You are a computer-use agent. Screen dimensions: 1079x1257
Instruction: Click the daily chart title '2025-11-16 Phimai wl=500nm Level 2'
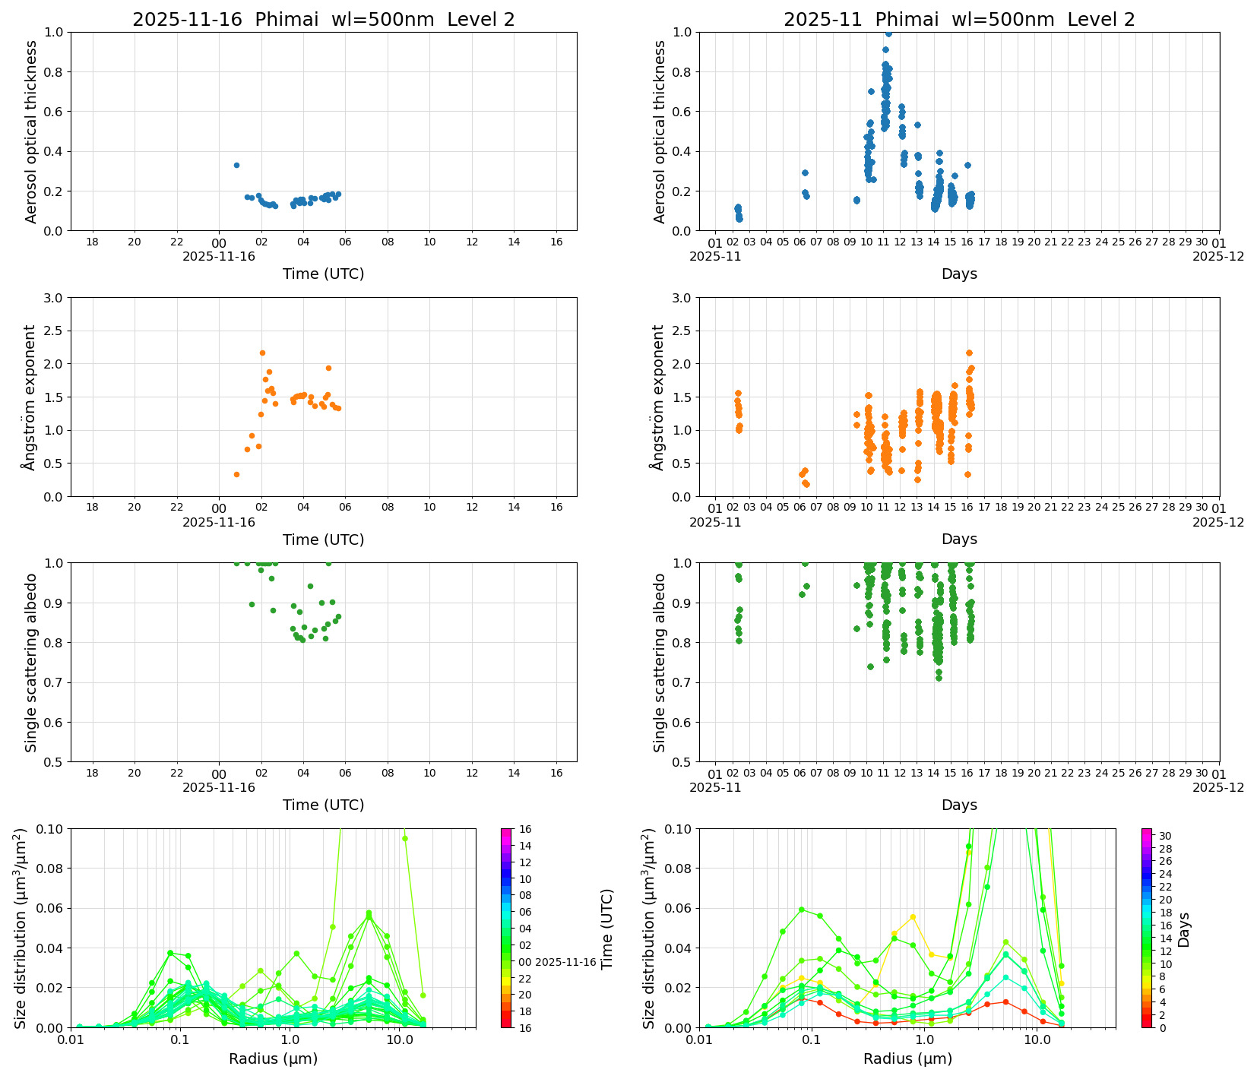323,20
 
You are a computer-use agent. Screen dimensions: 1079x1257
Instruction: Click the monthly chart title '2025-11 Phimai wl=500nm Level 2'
959,20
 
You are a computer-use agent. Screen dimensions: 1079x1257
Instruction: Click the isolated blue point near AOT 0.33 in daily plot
236,165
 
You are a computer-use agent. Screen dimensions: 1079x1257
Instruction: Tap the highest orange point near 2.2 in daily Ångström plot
262,353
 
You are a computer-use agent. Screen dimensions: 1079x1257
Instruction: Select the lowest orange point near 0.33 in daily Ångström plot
236,474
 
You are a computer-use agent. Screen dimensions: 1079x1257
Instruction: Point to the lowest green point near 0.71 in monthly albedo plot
939,678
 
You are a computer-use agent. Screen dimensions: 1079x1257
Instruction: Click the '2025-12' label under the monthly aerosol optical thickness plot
1218,256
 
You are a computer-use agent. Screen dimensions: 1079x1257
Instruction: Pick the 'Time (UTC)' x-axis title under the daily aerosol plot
323,274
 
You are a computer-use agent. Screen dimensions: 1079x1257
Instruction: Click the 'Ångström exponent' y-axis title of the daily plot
30,397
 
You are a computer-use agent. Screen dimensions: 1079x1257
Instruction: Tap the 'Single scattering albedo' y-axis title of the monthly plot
659,662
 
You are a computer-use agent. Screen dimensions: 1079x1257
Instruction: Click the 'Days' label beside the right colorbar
1183,929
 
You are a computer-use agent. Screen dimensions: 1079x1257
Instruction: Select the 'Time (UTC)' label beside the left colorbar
606,929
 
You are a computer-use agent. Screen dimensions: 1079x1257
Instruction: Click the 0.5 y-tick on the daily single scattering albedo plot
55,761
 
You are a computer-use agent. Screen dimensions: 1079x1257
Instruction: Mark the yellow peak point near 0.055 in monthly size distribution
913,917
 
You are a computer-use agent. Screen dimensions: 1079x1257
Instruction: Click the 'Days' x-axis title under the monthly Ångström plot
959,539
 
